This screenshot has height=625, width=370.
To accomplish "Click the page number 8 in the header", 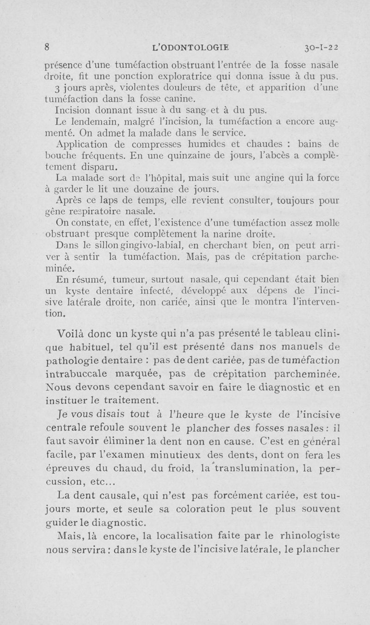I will coord(47,47).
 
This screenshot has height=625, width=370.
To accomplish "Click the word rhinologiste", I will coord(307,537).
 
